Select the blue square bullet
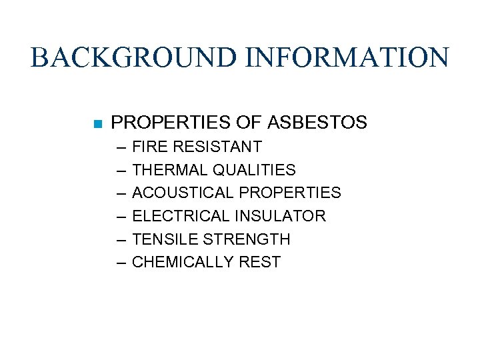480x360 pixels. click(x=97, y=123)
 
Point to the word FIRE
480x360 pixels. click(x=149, y=147)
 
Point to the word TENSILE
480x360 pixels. click(x=163, y=239)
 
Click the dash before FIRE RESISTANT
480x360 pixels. click(x=120, y=147)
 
